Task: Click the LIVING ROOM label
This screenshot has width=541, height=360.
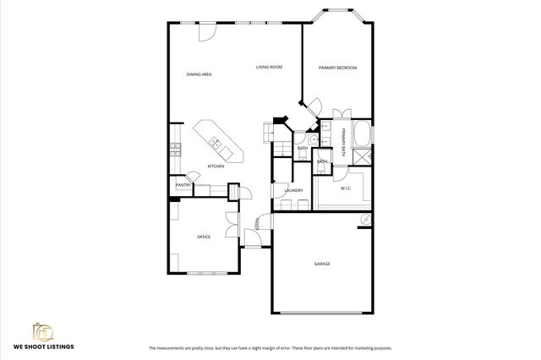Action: [x=269, y=67]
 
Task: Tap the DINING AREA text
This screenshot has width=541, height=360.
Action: [x=199, y=75]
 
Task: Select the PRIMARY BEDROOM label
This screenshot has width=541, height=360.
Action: [x=333, y=68]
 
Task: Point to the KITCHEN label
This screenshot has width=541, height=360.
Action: [x=216, y=166]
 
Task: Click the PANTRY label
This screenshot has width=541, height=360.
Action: [x=183, y=185]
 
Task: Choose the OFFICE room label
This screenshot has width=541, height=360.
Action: [x=204, y=237]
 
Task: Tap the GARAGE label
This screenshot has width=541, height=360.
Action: [x=322, y=265]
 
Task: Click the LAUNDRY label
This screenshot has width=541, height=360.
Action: [x=294, y=190]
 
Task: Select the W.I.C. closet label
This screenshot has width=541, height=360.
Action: [x=347, y=189]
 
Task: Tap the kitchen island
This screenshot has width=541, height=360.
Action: [x=217, y=141]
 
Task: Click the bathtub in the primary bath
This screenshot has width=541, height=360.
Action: [x=361, y=134]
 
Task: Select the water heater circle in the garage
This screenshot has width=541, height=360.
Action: [x=364, y=219]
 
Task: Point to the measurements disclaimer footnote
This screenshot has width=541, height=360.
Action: [x=270, y=348]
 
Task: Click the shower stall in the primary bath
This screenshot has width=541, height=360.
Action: [x=363, y=158]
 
